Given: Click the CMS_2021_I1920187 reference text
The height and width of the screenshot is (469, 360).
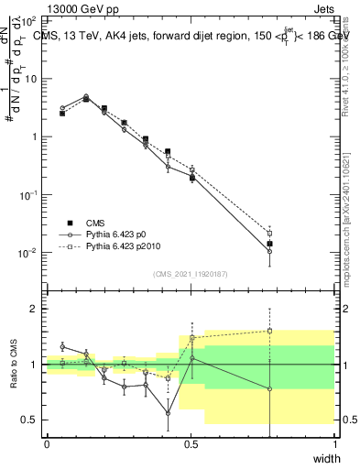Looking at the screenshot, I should pyautogui.click(x=191, y=272).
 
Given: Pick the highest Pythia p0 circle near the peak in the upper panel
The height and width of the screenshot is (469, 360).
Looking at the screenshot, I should pyautogui.click(x=86, y=96).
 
